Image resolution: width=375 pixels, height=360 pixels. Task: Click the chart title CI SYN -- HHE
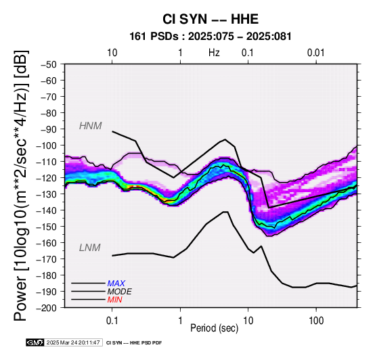pyautogui.click(x=211, y=19)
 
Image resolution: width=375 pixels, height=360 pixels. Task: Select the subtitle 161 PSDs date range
pyautogui.click(x=211, y=37)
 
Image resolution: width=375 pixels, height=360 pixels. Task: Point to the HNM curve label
pyautogui.click(x=91, y=126)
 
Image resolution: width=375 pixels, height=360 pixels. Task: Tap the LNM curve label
pyautogui.click(x=89, y=248)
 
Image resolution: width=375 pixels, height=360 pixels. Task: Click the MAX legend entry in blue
pyautogui.click(x=116, y=284)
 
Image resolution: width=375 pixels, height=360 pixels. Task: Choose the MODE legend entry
pyautogui.click(x=119, y=292)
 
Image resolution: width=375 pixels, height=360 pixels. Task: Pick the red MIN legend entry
pyautogui.click(x=114, y=300)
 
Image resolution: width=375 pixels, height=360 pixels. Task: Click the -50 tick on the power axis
pyautogui.click(x=48, y=64)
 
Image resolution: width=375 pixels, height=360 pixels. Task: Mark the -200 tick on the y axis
pyautogui.click(x=47, y=308)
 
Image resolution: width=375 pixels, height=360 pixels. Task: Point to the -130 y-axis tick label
pyautogui.click(x=47, y=194)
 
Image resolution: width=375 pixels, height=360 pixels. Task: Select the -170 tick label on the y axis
pyautogui.click(x=47, y=259)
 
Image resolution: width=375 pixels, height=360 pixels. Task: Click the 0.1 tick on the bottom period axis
pyautogui.click(x=112, y=321)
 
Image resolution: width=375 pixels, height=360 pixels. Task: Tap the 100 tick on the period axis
pyautogui.click(x=316, y=321)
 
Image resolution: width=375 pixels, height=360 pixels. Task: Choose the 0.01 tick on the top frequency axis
pyautogui.click(x=315, y=53)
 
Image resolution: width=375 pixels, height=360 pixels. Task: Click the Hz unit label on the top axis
pyautogui.click(x=214, y=53)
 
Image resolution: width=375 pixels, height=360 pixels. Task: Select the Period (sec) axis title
pyautogui.click(x=215, y=328)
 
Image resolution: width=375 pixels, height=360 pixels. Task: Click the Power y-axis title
pyautogui.click(x=21, y=185)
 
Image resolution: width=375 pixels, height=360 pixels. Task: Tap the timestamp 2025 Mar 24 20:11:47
pyautogui.click(x=73, y=342)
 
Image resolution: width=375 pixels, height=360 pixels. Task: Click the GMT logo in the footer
pyautogui.click(x=35, y=342)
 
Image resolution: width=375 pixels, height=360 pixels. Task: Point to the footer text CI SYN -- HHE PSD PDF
pyautogui.click(x=134, y=343)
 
